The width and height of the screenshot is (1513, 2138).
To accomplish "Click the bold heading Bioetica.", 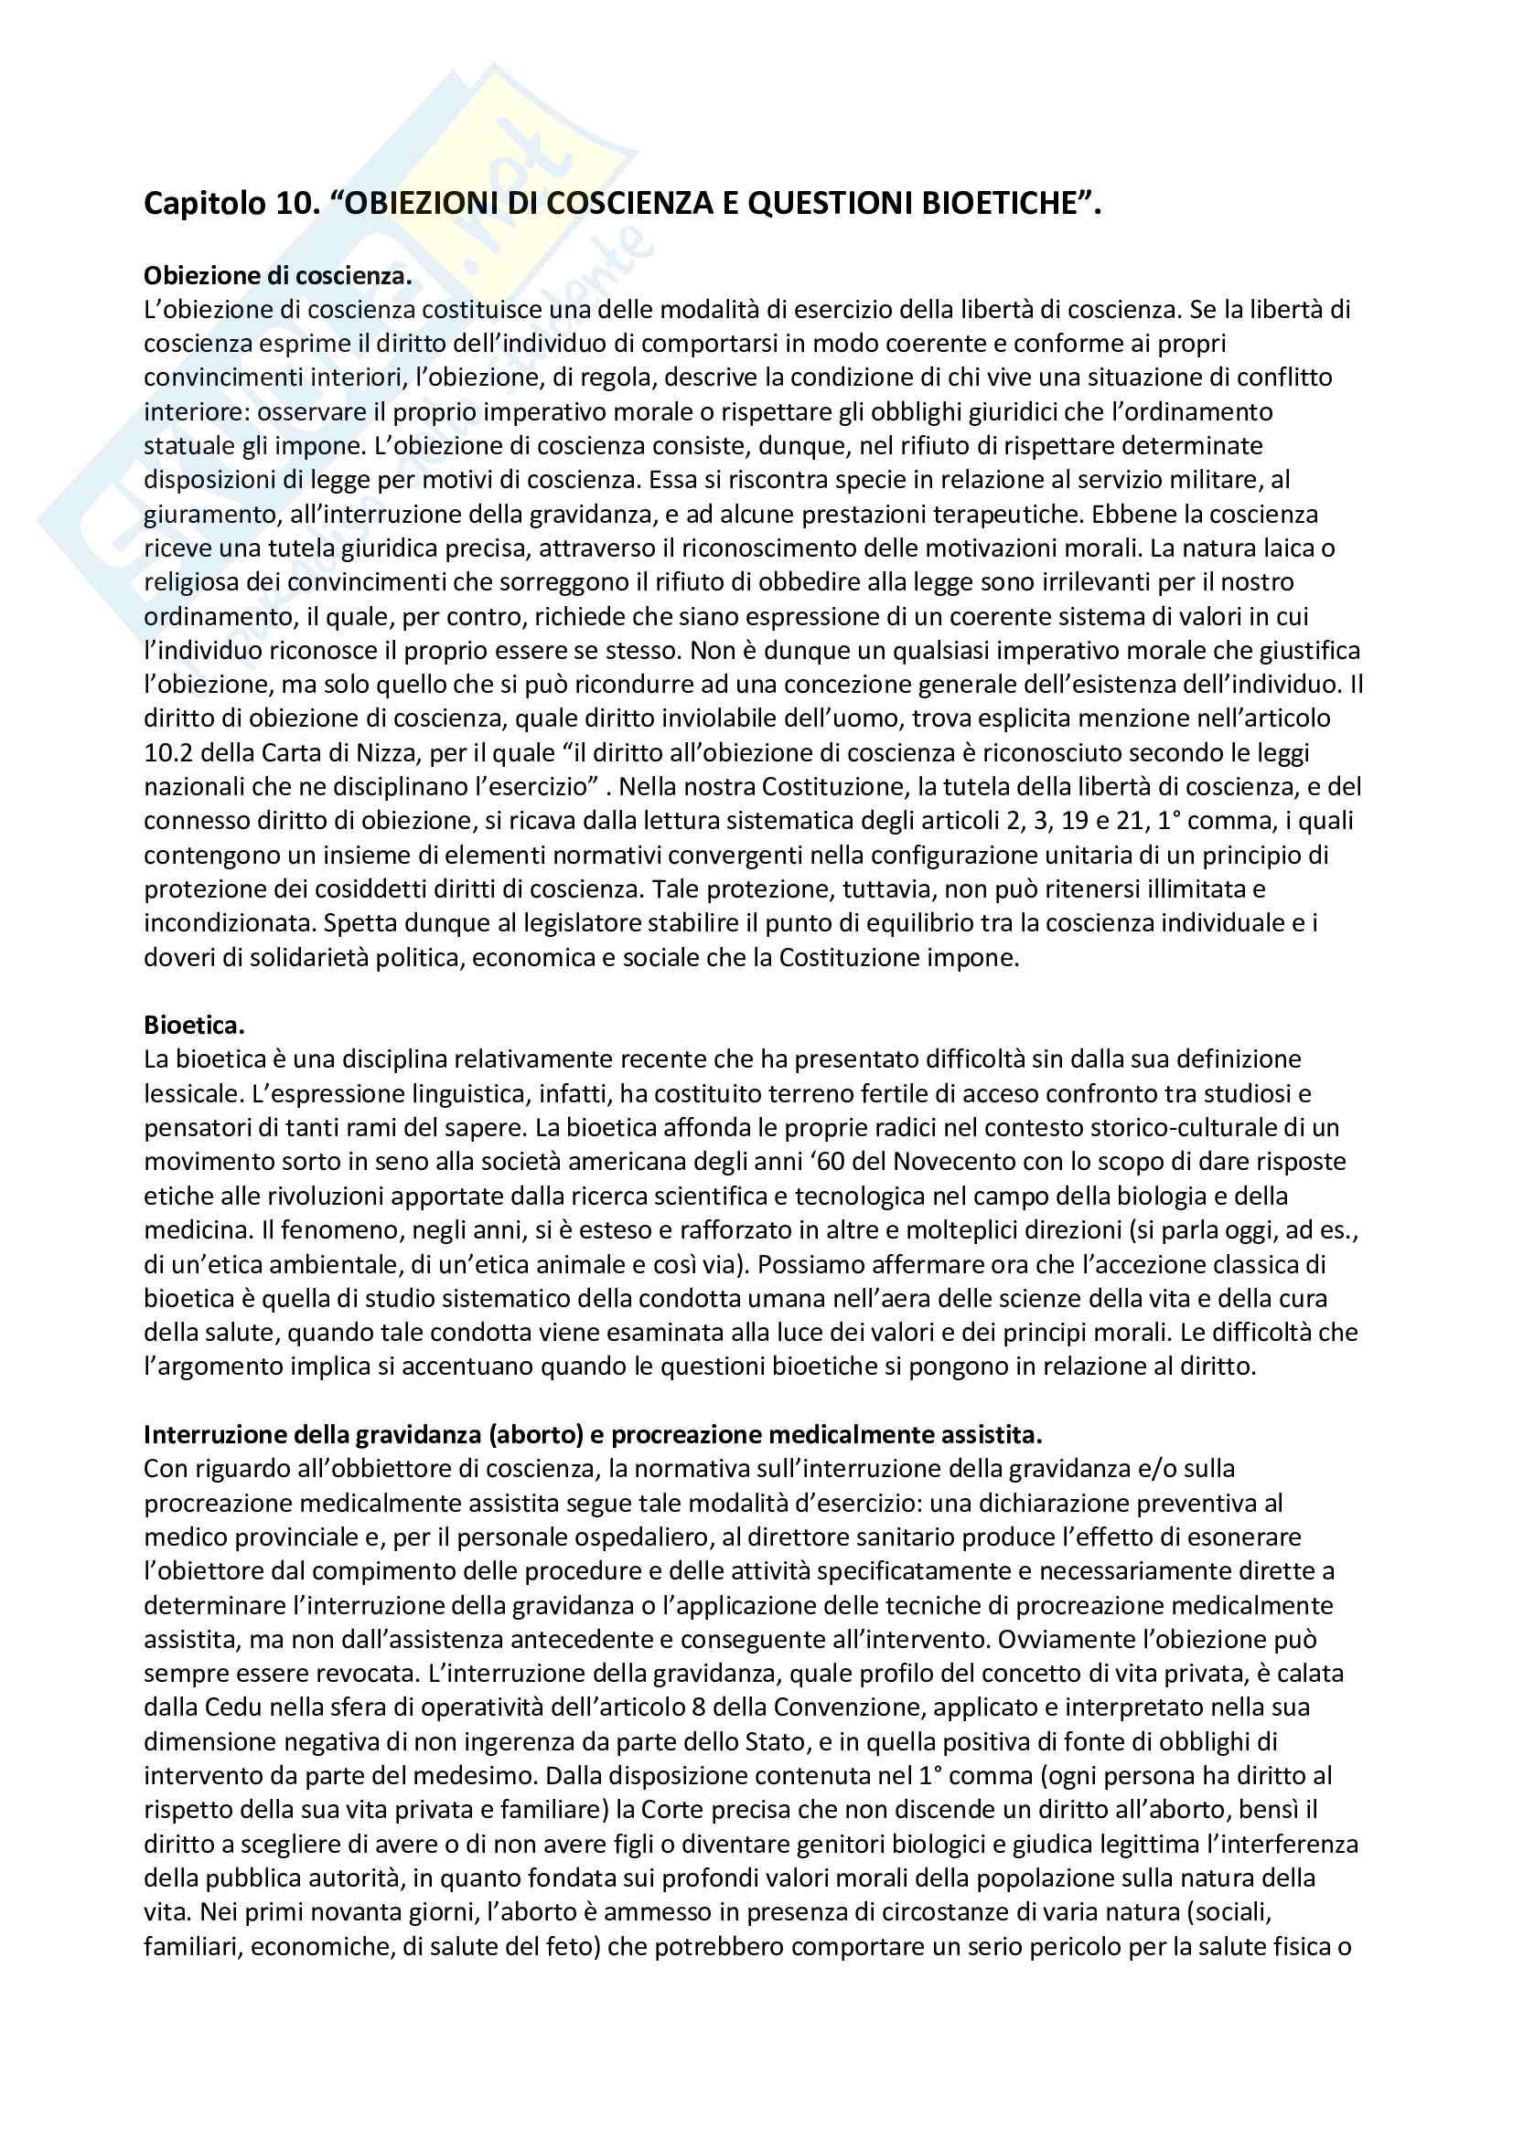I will [194, 1026].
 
